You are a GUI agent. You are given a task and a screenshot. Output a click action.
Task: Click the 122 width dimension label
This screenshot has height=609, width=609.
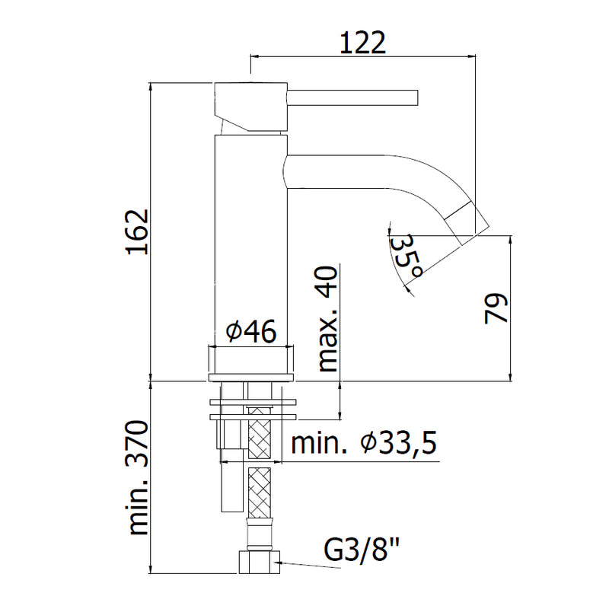[x=363, y=43]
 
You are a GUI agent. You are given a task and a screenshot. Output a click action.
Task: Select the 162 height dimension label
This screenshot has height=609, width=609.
[x=138, y=232]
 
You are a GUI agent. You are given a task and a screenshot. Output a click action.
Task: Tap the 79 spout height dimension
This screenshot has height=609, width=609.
[x=496, y=308]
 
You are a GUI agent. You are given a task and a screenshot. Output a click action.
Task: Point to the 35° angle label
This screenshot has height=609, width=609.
[x=407, y=256]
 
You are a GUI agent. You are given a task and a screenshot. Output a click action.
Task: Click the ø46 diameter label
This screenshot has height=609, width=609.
[x=251, y=331]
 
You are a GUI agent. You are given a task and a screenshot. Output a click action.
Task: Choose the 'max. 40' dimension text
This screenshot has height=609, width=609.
[x=328, y=319]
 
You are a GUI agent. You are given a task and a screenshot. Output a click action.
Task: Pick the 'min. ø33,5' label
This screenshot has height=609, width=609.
[x=364, y=443]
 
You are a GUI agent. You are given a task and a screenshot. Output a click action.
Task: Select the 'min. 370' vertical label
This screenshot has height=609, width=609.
[x=139, y=478]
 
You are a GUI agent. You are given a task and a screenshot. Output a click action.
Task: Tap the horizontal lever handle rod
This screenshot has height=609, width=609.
[x=352, y=97]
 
